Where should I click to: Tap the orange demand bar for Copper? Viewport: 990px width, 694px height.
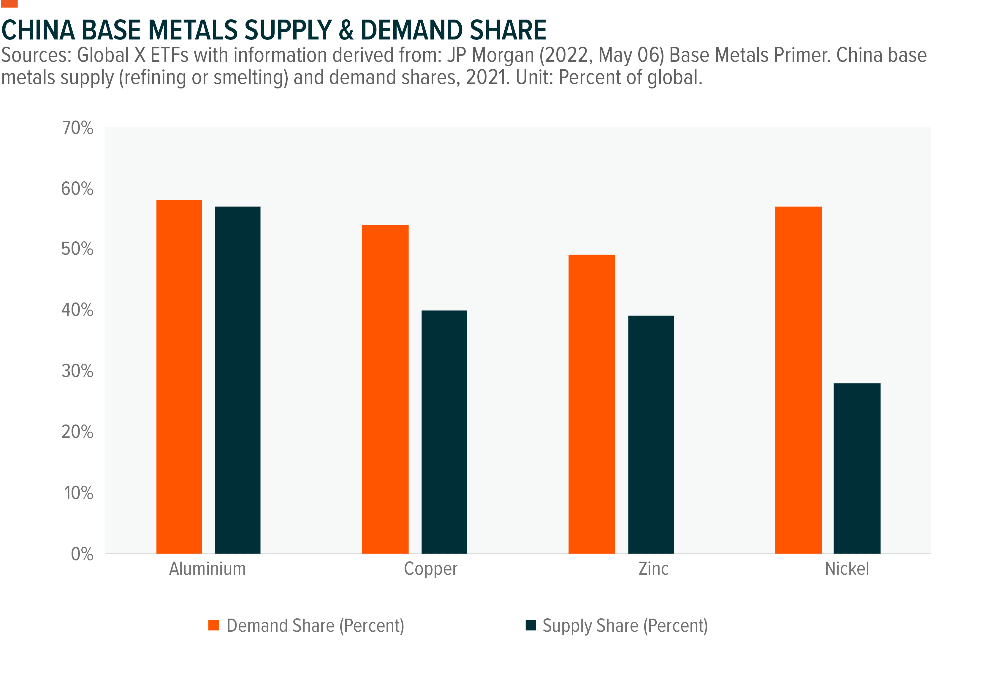[385, 389]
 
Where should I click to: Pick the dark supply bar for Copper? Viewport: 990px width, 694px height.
[444, 432]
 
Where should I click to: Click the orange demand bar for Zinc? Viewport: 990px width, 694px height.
[592, 404]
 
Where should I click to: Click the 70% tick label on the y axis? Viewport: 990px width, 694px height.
[77, 128]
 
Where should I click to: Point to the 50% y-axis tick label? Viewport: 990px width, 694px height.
[77, 249]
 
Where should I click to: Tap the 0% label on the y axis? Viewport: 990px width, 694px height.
[82, 554]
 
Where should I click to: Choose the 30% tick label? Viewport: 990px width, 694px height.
[77, 371]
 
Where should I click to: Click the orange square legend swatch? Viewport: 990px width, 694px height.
[214, 625]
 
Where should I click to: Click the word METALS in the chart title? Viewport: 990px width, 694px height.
[193, 30]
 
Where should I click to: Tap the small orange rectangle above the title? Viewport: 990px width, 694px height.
[9, 4]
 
